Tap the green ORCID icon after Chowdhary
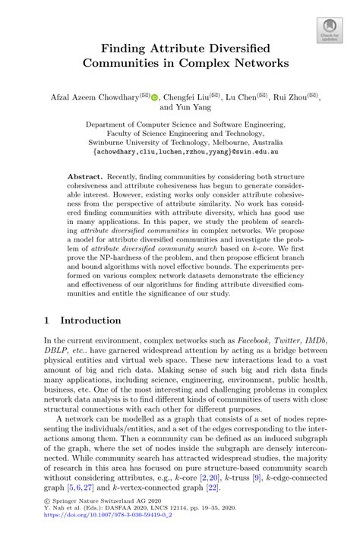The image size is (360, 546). pos(155,97)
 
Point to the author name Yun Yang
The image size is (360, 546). pos(197,108)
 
